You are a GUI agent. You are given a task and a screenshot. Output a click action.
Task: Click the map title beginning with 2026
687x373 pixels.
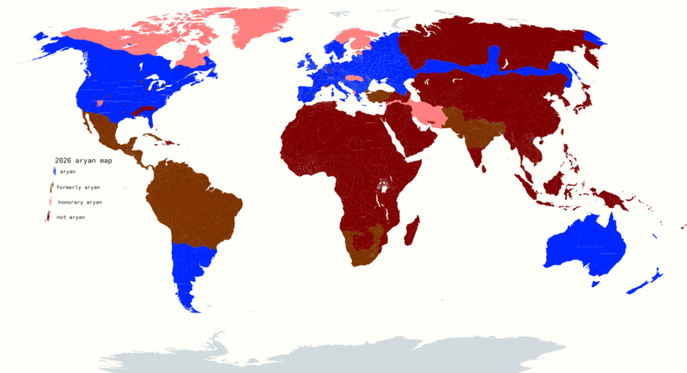click(83, 161)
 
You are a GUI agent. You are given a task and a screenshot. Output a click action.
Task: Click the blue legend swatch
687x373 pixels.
click(53, 172)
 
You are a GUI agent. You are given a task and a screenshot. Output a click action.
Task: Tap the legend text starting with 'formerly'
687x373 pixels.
click(80, 187)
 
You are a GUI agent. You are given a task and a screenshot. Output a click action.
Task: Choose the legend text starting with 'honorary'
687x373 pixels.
click(80, 202)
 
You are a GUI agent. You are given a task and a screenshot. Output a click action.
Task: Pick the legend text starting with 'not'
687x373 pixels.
click(71, 217)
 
